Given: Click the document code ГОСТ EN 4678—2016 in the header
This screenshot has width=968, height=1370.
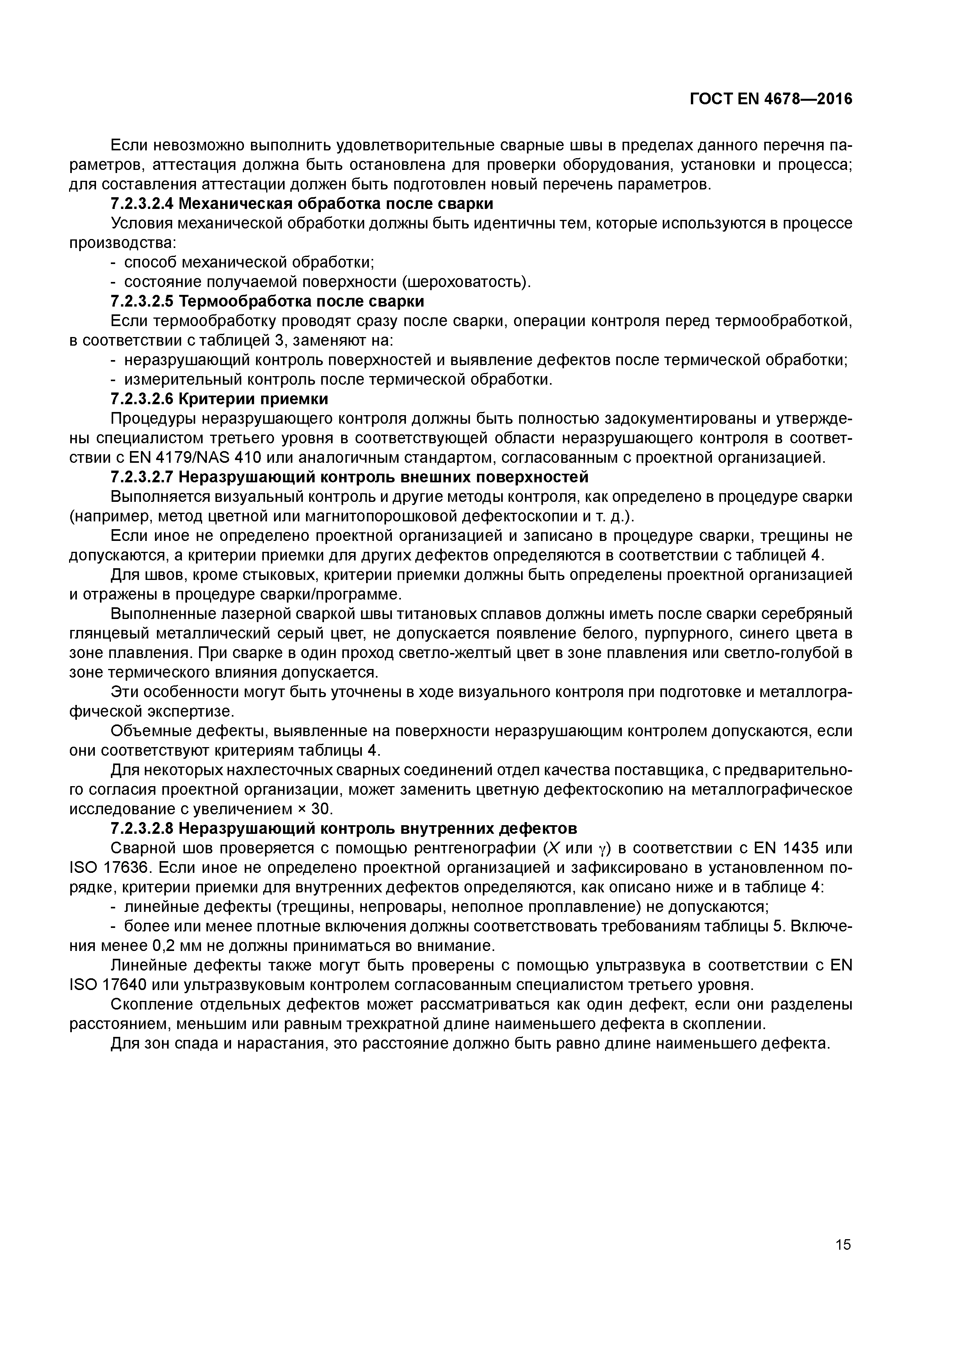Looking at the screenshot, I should point(770,99).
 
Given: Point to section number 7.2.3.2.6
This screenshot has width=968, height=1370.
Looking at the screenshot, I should point(142,399).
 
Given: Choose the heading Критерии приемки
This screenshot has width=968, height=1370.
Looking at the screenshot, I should point(253,399).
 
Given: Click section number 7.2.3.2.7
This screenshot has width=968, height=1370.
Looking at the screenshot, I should point(142,477).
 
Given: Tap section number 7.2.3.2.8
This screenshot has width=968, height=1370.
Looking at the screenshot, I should point(142,828).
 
